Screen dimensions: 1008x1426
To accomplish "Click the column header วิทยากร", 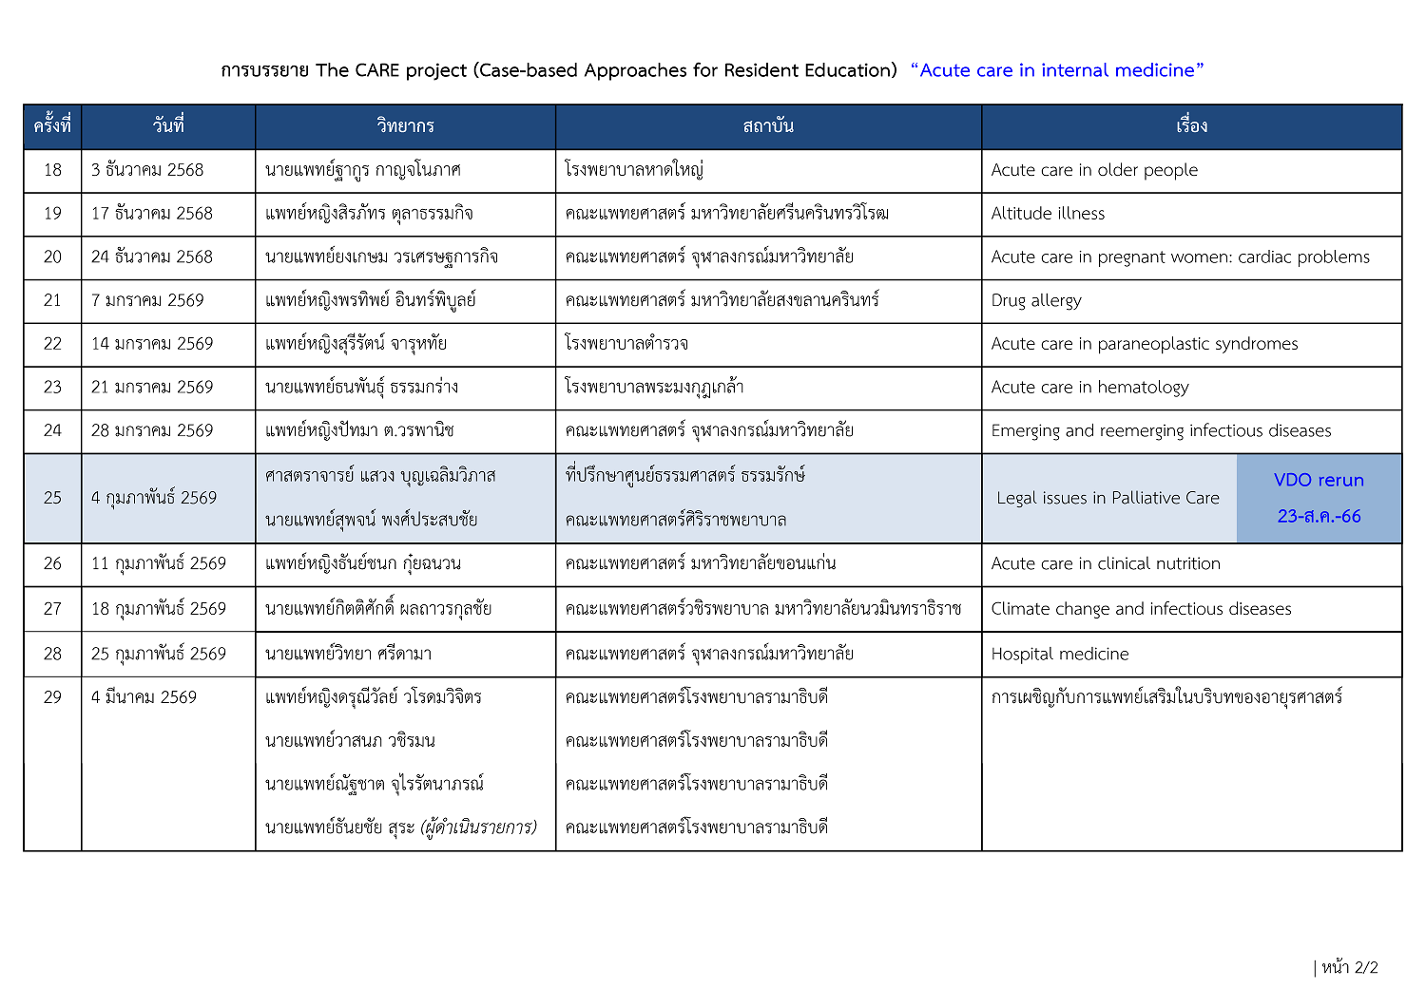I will coord(405,126).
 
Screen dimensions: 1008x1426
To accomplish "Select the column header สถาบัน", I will coord(768,126).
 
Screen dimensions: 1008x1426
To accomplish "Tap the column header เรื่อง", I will coord(1191,126).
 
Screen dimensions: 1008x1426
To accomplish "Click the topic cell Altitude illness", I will coord(1048,214).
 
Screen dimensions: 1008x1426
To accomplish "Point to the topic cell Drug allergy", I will coord(1036,300).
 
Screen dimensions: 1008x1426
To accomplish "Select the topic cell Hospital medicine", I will coord(1060,654).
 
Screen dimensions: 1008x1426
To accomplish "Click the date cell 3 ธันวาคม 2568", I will coord(147,170).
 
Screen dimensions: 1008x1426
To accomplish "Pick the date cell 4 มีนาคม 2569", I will coord(144,697).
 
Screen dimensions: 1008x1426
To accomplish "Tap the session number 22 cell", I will coord(52,344).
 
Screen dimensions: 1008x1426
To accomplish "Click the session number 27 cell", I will coord(52,609).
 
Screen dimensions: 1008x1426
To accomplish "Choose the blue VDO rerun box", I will coord(1319,498).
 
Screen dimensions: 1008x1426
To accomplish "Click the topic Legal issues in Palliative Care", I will coord(1108,498).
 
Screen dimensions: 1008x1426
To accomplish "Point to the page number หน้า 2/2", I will coord(1348,967).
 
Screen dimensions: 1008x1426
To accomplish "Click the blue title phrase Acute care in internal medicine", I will coord(1057,70).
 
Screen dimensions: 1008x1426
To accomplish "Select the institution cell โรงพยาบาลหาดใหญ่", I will coord(633,170).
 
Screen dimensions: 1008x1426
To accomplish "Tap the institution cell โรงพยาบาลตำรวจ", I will coord(626,344).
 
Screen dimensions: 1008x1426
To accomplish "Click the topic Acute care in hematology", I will coord(1089,387).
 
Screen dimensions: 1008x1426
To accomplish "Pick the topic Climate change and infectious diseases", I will coord(1141,609).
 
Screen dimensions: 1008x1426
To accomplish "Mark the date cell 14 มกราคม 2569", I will coord(152,344).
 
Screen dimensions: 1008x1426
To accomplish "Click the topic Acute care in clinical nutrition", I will coord(1106,563).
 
